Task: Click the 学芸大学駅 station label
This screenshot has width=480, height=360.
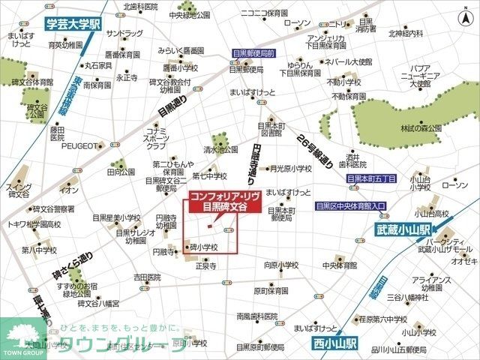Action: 74,24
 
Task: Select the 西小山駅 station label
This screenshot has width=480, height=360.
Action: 334,343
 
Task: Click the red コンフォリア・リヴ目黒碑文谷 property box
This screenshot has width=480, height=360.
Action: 223,201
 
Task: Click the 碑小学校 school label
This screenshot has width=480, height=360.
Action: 203,247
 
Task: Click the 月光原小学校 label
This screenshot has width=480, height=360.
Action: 292,169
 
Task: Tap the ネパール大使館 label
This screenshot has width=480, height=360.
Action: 350,61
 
